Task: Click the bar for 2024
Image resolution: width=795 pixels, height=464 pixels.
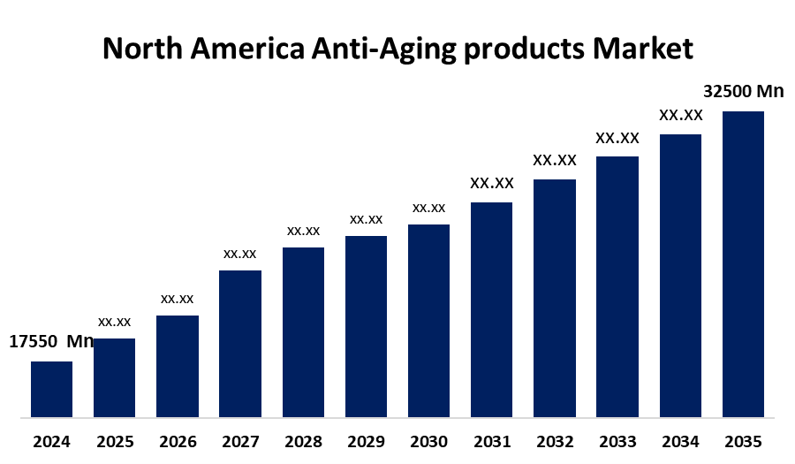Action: [x=51, y=389]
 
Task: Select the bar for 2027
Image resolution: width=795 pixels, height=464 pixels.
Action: [x=240, y=343]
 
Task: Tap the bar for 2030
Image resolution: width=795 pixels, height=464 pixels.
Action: [x=428, y=320]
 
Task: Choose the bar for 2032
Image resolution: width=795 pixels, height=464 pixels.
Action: [x=555, y=298]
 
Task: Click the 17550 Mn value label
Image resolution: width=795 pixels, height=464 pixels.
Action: [x=51, y=342]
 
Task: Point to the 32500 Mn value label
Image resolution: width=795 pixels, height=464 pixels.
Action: [x=743, y=91]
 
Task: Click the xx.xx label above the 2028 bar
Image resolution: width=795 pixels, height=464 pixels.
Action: [x=303, y=231]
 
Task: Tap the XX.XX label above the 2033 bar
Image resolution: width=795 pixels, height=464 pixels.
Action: [x=617, y=138]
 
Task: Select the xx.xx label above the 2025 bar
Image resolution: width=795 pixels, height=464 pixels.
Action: [x=114, y=322]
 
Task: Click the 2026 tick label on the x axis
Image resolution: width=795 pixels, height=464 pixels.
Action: [x=178, y=441]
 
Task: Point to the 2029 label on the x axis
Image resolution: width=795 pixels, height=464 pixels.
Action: [x=366, y=441]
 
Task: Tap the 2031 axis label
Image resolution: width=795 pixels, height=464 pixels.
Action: [x=491, y=441]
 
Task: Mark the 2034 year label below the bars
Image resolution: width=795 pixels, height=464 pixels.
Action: [x=680, y=441]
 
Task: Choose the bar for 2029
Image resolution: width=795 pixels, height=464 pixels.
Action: [x=366, y=326]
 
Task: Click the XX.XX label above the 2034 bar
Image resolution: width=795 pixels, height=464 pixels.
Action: [x=680, y=115]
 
